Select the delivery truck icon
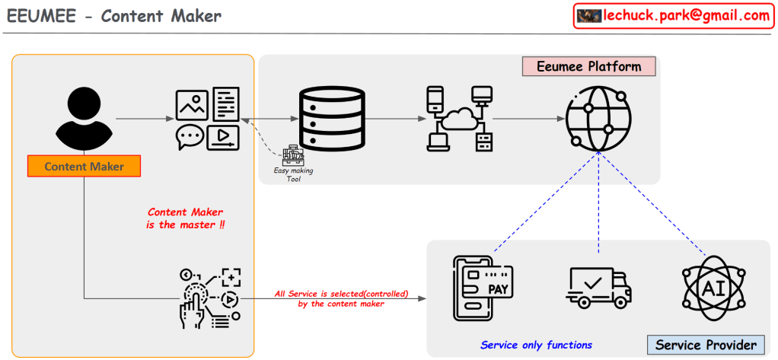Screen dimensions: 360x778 pos(599,287)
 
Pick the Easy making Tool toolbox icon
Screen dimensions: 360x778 pos(292,157)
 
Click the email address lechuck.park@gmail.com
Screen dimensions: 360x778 pos(686,15)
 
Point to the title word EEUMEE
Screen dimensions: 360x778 pos(39,16)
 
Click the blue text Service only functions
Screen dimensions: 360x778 pos(536,345)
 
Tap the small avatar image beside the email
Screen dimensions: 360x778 pos(589,16)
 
